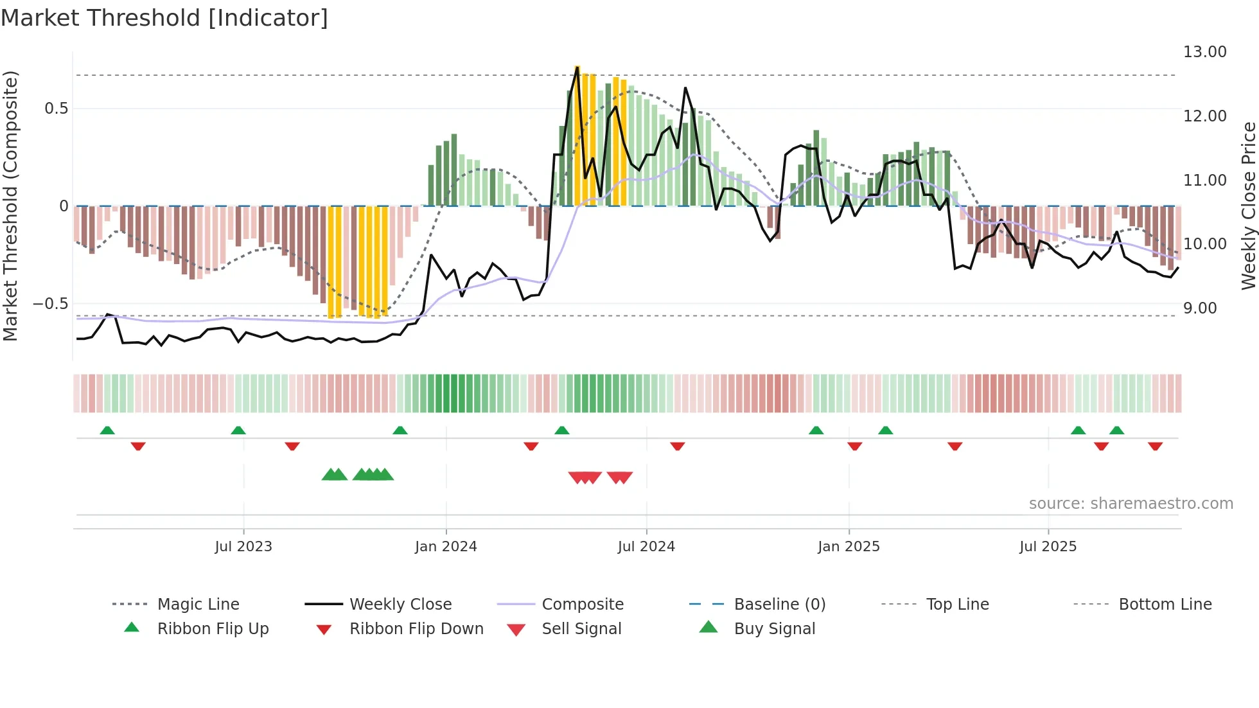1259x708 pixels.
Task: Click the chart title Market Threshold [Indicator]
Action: [164, 18]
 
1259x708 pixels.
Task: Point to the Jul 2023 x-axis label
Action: [243, 546]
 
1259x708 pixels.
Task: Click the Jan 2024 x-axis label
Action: [446, 546]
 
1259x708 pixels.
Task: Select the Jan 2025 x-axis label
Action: [849, 546]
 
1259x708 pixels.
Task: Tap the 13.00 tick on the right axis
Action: [1204, 52]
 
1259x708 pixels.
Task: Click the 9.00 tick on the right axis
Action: [1200, 308]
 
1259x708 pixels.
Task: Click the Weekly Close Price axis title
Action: [1248, 206]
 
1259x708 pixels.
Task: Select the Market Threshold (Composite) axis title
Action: [10, 206]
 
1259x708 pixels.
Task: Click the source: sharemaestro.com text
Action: [1131, 503]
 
